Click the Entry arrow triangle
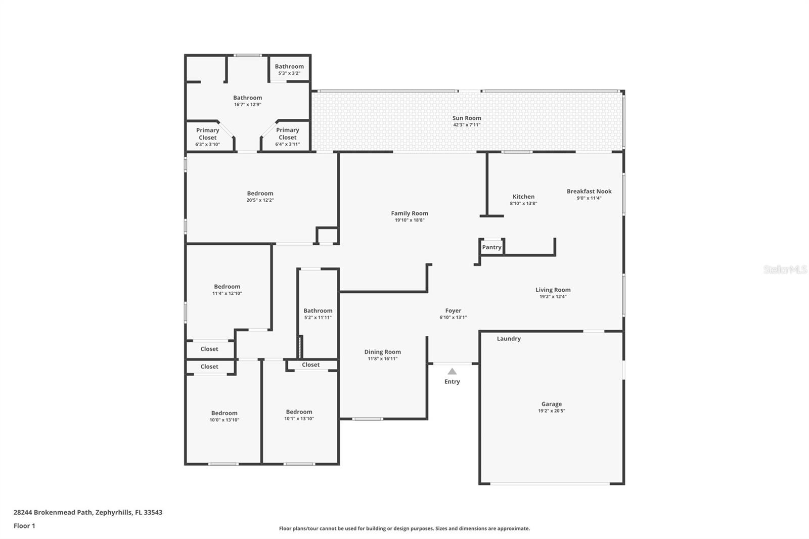click(x=452, y=372)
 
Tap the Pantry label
click(x=491, y=247)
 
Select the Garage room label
click(x=551, y=404)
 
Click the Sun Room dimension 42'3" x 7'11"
click(x=466, y=125)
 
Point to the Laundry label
click(x=508, y=339)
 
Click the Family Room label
click(x=409, y=213)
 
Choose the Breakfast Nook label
click(x=589, y=191)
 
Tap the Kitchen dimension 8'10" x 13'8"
click(x=523, y=203)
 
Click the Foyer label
click(x=453, y=311)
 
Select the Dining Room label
click(x=382, y=352)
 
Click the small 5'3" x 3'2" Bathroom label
click(x=289, y=67)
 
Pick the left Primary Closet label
click(x=207, y=134)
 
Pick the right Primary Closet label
click(x=287, y=134)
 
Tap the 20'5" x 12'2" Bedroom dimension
click(x=260, y=200)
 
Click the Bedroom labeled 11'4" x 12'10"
click(x=227, y=287)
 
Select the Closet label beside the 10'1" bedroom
click(x=310, y=365)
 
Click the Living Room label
click(x=553, y=290)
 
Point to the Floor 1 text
click(x=24, y=526)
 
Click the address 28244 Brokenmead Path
click(x=53, y=512)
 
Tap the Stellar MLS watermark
click(x=785, y=269)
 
